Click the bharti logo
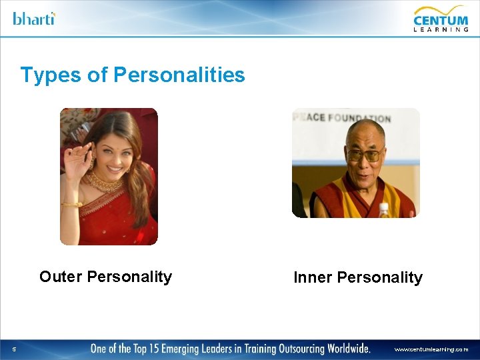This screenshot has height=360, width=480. tap(33, 18)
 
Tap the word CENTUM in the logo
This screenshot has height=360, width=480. tap(441, 16)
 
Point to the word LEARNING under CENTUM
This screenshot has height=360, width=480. tap(441, 29)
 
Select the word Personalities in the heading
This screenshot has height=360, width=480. tap(179, 75)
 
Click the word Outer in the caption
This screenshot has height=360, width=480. tap(61, 277)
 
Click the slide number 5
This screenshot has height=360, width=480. tap(14, 349)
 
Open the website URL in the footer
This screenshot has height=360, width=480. tap(431, 349)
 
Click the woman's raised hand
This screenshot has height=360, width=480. tap(73, 143)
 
